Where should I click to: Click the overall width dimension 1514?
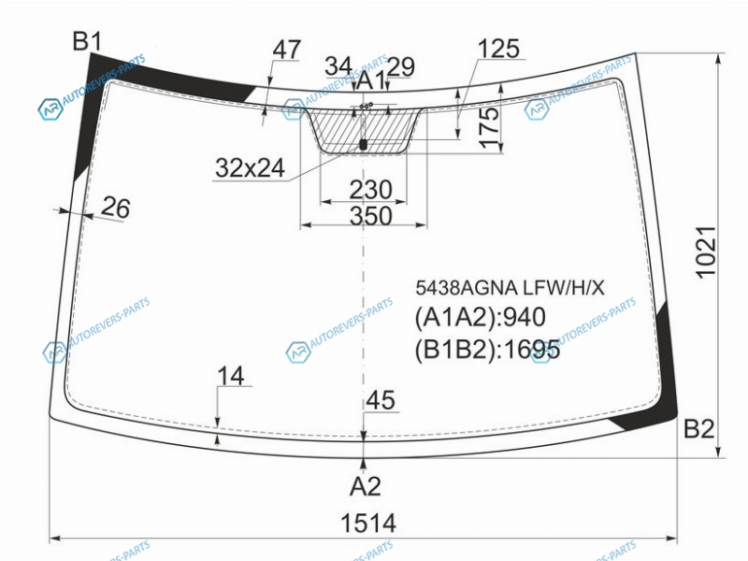coord(368,523)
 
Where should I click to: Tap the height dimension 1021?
coord(706,252)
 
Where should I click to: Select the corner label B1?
coord(87,41)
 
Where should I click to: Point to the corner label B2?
coord(698,428)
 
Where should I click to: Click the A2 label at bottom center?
coord(365,486)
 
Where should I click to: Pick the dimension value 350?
coord(370,216)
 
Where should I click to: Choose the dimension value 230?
coord(370,190)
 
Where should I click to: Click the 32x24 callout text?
coord(250,168)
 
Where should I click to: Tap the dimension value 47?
coord(287,50)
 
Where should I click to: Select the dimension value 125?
coord(498,49)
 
